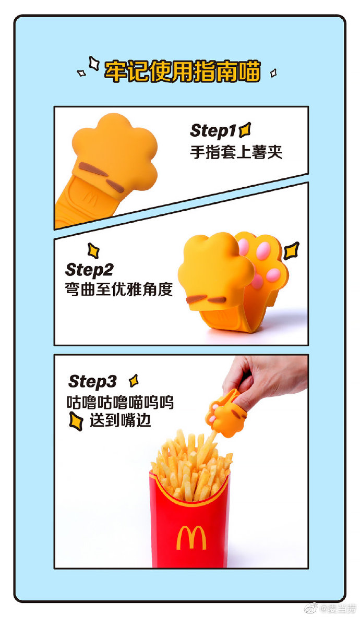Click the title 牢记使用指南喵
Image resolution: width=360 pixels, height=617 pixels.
pyautogui.click(x=182, y=71)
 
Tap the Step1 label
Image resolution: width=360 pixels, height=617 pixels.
pyautogui.click(x=213, y=130)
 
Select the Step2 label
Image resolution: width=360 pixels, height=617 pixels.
pyautogui.click(x=89, y=270)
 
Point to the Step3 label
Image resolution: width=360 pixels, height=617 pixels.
pyautogui.click(x=92, y=381)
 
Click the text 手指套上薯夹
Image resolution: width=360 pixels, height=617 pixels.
pyautogui.click(x=235, y=152)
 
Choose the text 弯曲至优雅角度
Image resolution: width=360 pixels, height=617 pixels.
pyautogui.click(x=119, y=289)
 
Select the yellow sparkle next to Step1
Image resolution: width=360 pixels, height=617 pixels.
pyautogui.click(x=244, y=129)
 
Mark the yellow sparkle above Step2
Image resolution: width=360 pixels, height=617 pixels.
pyautogui.click(x=93, y=250)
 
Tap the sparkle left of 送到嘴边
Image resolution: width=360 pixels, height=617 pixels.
pyautogui.click(x=76, y=420)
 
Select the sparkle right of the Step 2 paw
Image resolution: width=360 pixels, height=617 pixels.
pyautogui.click(x=291, y=250)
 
